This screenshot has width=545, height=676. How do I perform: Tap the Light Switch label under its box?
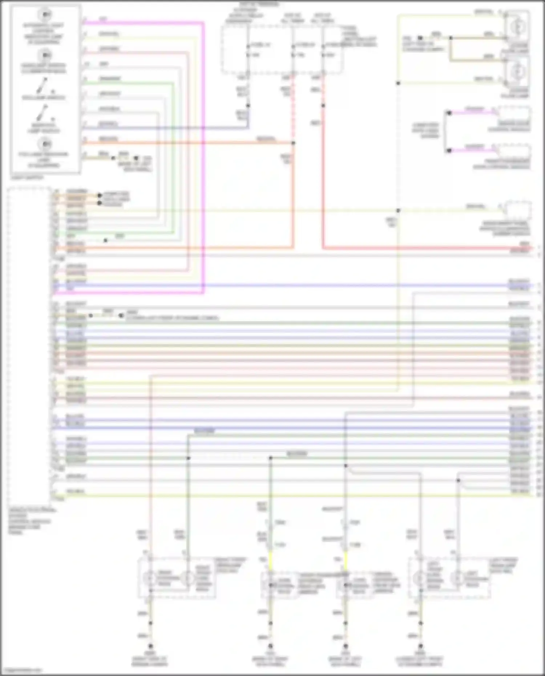point(27,178)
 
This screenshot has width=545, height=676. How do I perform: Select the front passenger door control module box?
point(514,150)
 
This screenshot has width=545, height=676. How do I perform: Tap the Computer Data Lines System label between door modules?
point(425,131)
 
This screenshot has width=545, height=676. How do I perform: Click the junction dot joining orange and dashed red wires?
point(293,143)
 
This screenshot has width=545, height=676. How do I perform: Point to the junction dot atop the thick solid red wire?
point(323,106)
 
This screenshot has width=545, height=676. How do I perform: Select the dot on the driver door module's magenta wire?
point(449,113)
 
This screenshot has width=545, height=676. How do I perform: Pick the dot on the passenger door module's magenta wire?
point(449,150)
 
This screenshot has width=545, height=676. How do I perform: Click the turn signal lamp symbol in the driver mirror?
point(346,585)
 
